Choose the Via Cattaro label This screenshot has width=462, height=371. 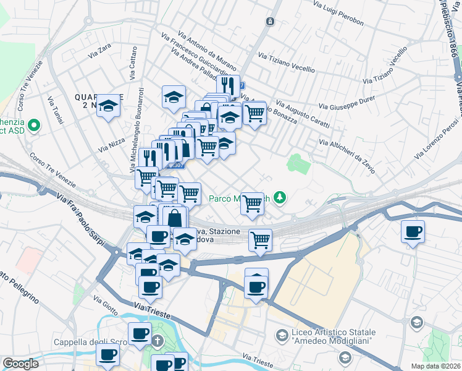tap(133, 64)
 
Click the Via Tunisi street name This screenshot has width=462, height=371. tap(56, 109)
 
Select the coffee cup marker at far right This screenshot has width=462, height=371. tap(412, 232)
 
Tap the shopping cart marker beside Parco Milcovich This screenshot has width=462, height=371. tap(252, 203)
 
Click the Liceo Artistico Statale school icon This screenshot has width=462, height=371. tap(282, 335)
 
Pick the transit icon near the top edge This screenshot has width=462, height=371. tap(270, 22)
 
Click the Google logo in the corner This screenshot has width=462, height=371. tap(20, 364)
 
